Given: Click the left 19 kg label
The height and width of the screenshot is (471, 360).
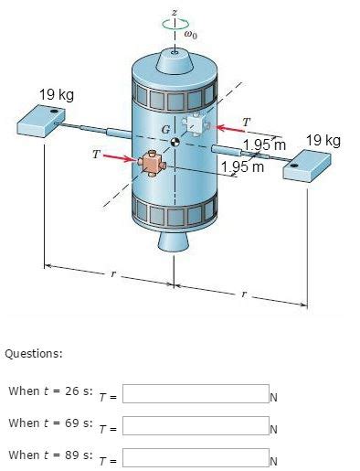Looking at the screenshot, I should (x=56, y=95).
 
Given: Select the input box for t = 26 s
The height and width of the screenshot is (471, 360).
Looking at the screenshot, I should (x=195, y=394).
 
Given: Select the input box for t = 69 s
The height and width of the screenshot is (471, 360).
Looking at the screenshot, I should (x=195, y=425).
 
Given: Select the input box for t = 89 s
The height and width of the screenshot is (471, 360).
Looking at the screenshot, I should (x=195, y=457).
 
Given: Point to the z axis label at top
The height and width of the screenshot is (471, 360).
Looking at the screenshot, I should (x=175, y=15).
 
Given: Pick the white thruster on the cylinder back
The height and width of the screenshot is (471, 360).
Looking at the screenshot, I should (x=196, y=125).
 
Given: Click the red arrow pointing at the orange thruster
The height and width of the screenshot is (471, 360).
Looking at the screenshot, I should (x=117, y=159).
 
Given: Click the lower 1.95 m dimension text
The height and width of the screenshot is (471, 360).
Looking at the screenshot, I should (x=243, y=167).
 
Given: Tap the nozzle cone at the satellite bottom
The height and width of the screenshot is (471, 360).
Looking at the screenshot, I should (x=174, y=241).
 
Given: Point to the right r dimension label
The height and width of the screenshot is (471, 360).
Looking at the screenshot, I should (x=242, y=295).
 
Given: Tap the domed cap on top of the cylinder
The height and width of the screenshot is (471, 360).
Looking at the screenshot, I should (x=174, y=61).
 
